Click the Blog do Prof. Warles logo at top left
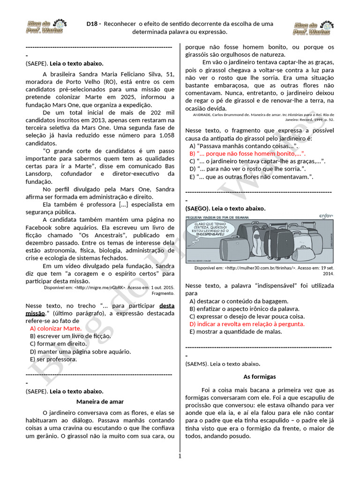pyautogui.click(x=45, y=27)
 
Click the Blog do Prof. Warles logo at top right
pyautogui.click(x=313, y=28)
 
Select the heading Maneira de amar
pyautogui.click(x=100, y=401)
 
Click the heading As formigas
pyautogui.click(x=259, y=376)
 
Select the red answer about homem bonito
pyautogui.click(x=247, y=153)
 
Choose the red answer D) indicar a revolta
pyautogui.click(x=247, y=324)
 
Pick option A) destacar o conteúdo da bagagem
pyautogui.click(x=239, y=301)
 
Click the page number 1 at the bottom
pyautogui.click(x=180, y=456)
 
